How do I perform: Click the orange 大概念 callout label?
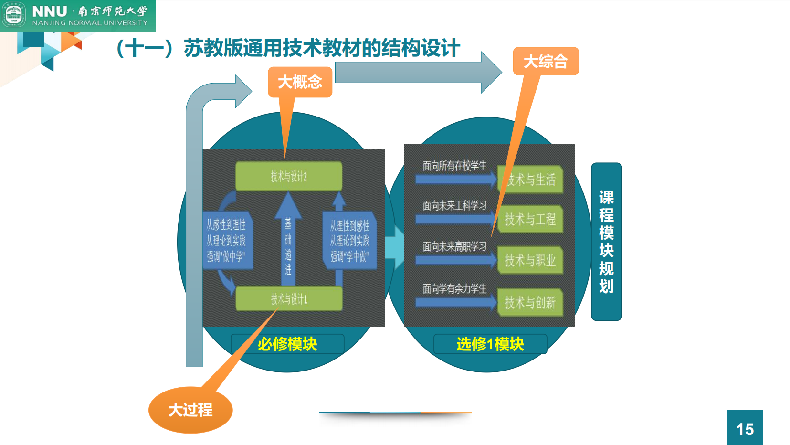[x=300, y=82]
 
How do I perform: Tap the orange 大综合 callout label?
[x=546, y=61]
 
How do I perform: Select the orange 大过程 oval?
[x=190, y=410]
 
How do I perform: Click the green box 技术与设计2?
[x=289, y=177]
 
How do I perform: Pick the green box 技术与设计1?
[x=289, y=299]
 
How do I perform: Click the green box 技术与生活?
[x=531, y=180]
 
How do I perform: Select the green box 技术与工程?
[x=530, y=219]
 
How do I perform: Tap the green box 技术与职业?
[x=530, y=260]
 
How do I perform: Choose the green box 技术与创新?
[x=530, y=302]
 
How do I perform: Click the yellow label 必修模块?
[x=287, y=344]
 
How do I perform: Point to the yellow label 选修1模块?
[x=490, y=344]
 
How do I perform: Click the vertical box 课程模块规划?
[x=606, y=242]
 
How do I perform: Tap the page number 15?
[x=745, y=428]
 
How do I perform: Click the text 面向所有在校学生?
[x=454, y=166]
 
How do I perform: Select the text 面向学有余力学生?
[x=454, y=288]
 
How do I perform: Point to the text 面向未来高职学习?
[x=454, y=246]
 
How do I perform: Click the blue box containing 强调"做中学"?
[x=226, y=241]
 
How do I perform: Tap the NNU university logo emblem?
[x=14, y=16]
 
